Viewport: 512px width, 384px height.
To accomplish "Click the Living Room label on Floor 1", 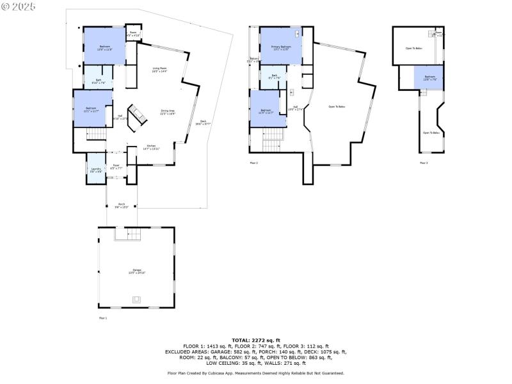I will (x=159, y=70).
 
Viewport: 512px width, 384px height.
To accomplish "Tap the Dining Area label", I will (x=168, y=112).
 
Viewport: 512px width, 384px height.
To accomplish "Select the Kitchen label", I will (x=152, y=147).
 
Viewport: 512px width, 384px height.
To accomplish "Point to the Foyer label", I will (x=116, y=166).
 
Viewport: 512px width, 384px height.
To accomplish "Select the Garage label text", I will (x=137, y=271).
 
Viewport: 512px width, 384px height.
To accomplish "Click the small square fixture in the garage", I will (x=136, y=299).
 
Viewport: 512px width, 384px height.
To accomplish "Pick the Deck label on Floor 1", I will (x=204, y=123).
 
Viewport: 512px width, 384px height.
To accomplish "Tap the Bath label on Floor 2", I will (x=274, y=77).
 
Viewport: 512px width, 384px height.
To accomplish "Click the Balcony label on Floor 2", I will (x=254, y=60).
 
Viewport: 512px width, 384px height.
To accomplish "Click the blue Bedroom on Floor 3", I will (x=429, y=78).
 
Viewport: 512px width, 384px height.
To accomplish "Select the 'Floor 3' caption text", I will (x=424, y=163).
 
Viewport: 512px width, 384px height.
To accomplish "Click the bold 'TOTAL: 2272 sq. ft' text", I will (x=255, y=340).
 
